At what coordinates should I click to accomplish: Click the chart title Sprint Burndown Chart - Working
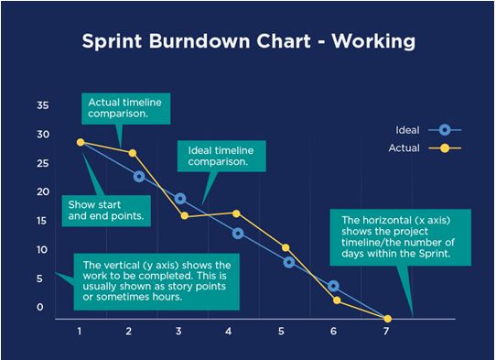pos(249,42)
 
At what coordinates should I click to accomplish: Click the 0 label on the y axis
pos(40,307)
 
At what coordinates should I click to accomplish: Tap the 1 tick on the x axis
pos(81,332)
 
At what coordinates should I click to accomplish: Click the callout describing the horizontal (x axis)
pos(402,237)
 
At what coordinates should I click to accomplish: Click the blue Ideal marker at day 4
pos(238,234)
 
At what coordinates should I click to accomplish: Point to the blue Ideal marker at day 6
pos(334,287)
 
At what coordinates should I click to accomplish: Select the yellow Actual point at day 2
pos(133,153)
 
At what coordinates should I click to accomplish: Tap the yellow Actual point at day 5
pos(286,248)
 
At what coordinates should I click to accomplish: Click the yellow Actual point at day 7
pos(388,319)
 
